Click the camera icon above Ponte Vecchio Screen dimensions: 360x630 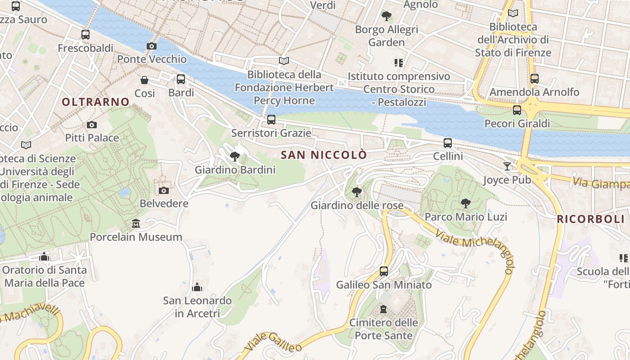pos(152,46)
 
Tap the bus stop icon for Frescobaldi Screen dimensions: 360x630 pos(85,35)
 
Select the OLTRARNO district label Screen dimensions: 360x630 pos(95,102)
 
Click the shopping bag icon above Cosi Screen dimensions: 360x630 pos(144,80)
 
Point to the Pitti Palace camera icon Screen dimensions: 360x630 pos(92,125)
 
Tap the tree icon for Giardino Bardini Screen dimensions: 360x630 pos(234,157)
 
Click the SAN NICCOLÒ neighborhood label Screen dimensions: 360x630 pos(324,155)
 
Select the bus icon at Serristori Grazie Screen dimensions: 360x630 pos(271,120)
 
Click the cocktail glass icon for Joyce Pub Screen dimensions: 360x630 pos(507,166)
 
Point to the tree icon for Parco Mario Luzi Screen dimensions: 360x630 pos(466,203)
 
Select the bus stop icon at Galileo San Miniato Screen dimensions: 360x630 pos(383,271)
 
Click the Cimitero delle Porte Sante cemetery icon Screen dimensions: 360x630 pos(383,309)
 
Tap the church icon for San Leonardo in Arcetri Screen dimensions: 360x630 pos(197,287)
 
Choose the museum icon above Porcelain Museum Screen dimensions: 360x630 pos(135,224)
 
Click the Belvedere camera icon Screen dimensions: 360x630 pos(164,190)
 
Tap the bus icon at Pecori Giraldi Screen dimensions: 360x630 pos(517,110)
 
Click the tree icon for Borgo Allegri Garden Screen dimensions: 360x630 pos(386,17)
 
